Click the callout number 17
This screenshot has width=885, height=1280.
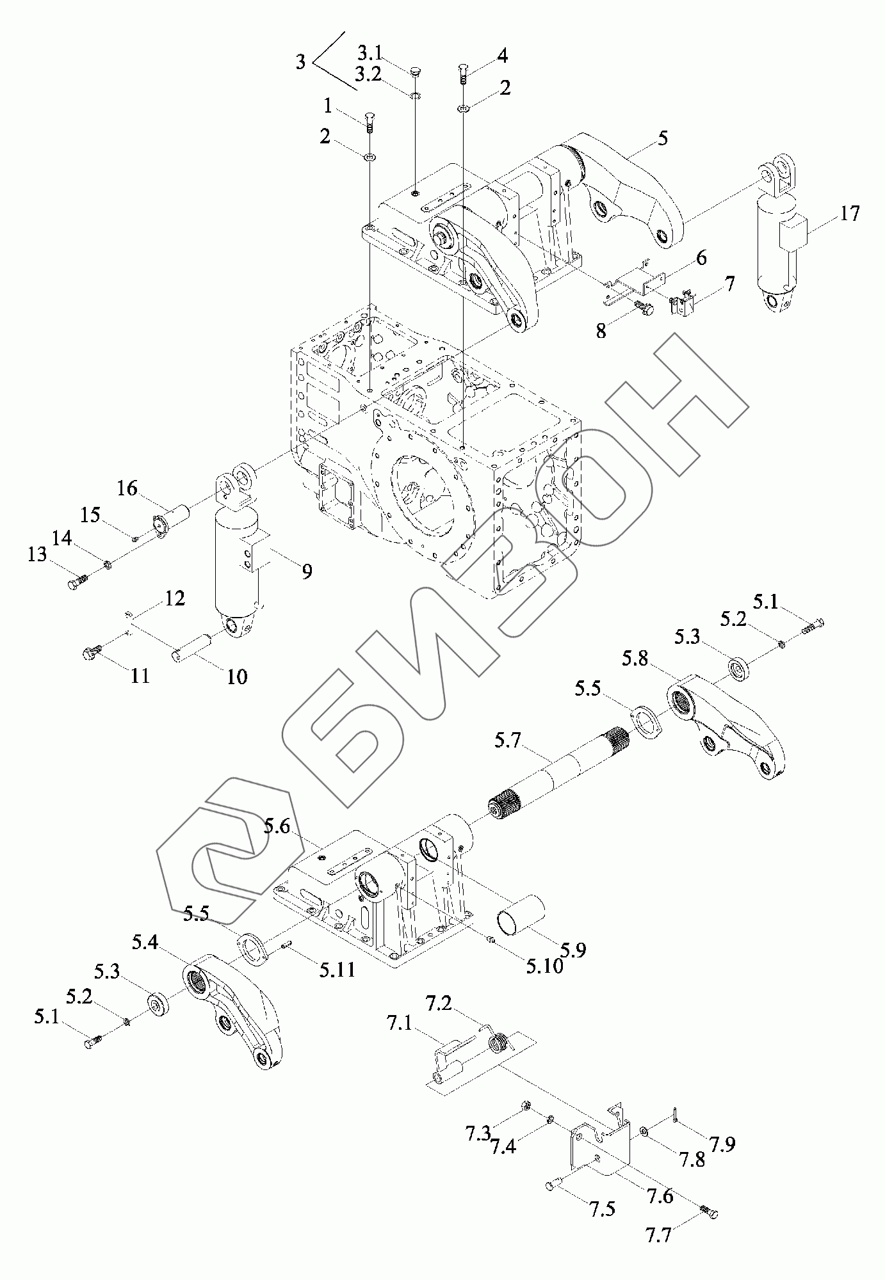point(849,213)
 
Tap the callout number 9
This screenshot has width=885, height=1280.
point(307,571)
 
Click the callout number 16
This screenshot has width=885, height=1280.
point(127,488)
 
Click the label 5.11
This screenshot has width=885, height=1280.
point(337,970)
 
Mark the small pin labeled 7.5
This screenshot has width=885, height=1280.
point(553,1186)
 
